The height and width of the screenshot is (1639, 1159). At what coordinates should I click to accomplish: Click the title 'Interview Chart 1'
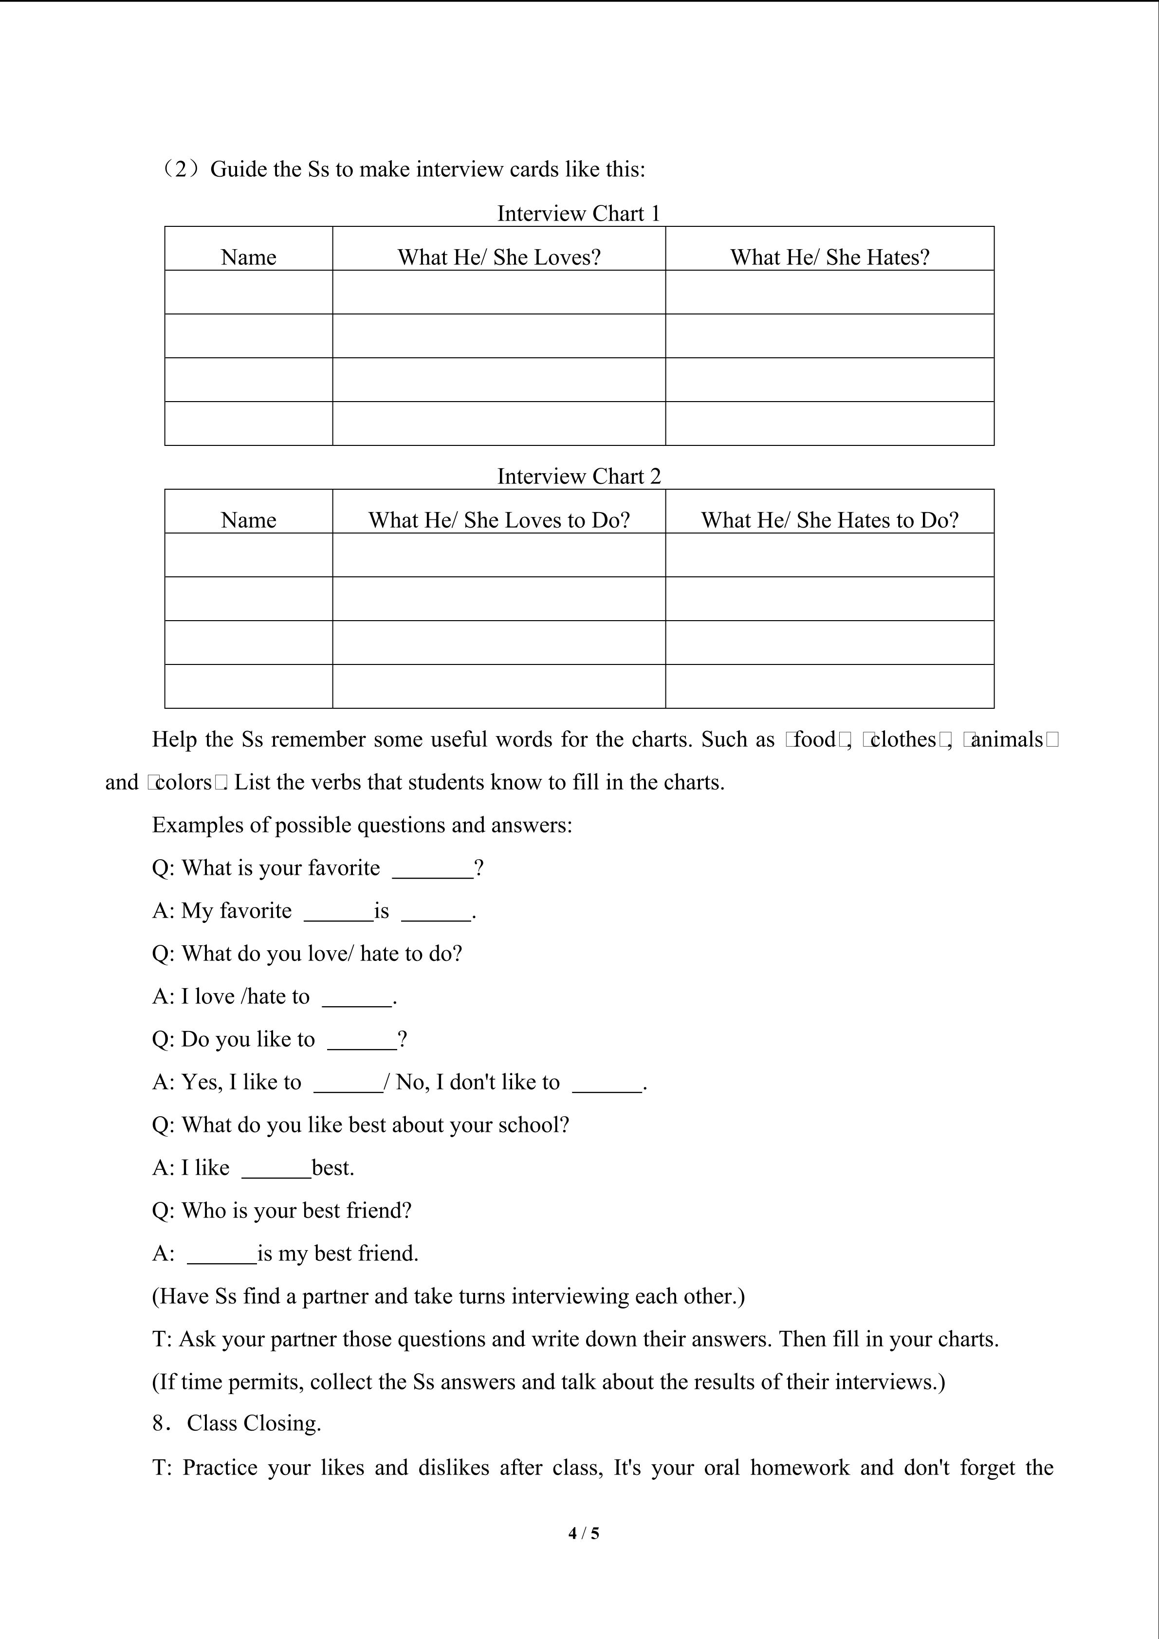[x=579, y=213]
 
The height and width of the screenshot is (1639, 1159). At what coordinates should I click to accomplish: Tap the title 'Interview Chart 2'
[x=579, y=476]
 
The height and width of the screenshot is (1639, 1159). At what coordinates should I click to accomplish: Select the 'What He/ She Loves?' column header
[x=499, y=257]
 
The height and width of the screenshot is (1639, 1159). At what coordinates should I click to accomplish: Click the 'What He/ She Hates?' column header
[x=829, y=257]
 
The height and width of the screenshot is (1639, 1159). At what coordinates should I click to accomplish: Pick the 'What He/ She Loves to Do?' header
[x=499, y=520]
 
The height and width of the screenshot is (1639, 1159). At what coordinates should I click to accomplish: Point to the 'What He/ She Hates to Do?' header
[x=829, y=520]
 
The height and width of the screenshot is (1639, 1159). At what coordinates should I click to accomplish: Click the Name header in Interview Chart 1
[x=248, y=257]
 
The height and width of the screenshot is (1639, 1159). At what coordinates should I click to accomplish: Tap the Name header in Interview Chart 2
[x=248, y=520]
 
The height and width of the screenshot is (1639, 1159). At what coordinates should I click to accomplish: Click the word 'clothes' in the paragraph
[x=903, y=739]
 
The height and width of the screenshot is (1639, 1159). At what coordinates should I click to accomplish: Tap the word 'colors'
[x=184, y=782]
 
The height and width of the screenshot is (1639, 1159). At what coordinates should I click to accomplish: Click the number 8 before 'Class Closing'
[x=158, y=1423]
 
